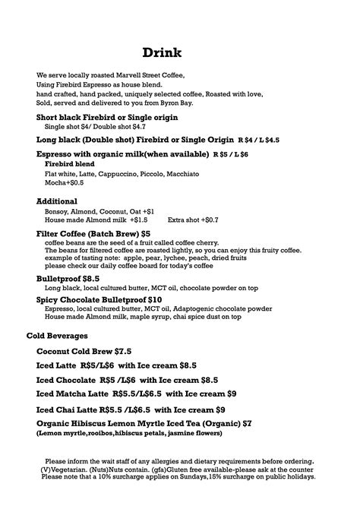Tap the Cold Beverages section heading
click(x=57, y=335)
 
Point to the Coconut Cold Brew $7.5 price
click(x=123, y=352)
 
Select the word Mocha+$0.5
click(x=65, y=183)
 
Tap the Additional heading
click(x=57, y=201)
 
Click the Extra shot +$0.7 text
click(x=193, y=220)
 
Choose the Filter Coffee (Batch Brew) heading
click(x=87, y=233)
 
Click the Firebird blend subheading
click(x=69, y=164)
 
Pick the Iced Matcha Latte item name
click(x=73, y=394)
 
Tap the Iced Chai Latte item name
click(x=68, y=410)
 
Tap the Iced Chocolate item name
click(x=66, y=379)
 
